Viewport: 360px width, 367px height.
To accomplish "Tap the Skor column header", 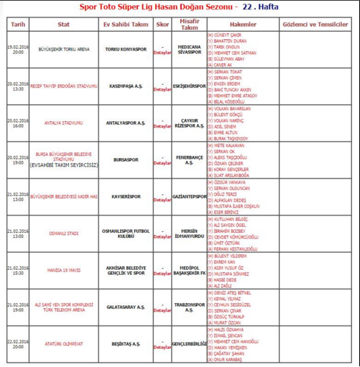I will (164, 25).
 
